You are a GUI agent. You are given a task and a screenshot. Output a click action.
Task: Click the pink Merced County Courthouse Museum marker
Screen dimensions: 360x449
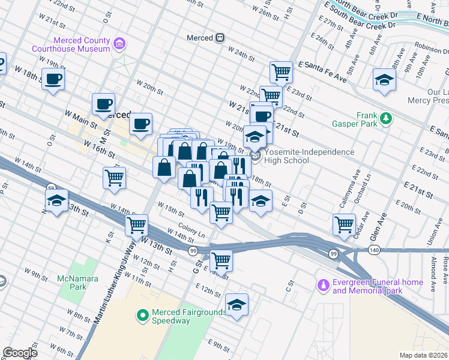click(x=119, y=43)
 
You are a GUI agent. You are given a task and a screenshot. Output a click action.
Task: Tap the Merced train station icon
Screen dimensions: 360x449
click(x=220, y=38)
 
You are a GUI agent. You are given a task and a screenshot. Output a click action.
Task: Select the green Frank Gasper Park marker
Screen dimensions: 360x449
click(x=385, y=118)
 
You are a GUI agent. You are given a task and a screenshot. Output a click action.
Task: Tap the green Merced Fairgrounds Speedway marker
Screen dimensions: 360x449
click(x=142, y=314)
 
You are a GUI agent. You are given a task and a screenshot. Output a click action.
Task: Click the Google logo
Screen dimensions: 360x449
click(x=20, y=353)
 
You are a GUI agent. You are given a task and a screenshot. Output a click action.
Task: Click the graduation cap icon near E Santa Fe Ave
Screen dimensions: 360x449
click(x=384, y=80)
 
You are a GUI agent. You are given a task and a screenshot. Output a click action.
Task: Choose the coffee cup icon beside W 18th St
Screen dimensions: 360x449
click(x=53, y=79)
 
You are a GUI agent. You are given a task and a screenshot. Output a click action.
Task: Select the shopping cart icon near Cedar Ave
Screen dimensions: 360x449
click(x=344, y=224)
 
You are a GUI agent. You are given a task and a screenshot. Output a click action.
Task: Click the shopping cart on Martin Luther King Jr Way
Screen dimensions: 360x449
click(x=137, y=226)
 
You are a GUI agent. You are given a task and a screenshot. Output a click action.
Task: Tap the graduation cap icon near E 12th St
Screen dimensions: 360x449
click(x=237, y=305)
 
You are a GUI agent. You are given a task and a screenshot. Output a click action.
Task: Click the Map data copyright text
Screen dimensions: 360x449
click(x=423, y=355)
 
